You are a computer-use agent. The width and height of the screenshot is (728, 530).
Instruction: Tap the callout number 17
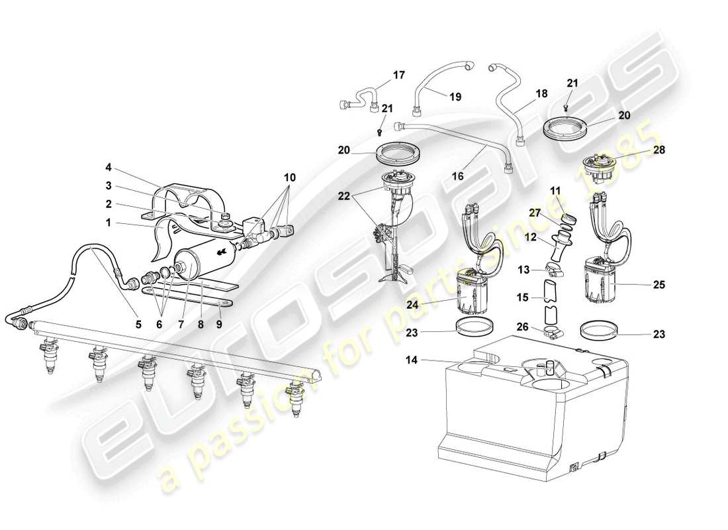pyautogui.click(x=399, y=76)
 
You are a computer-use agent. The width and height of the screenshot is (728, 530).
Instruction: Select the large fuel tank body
pyautogui.click(x=529, y=411)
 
